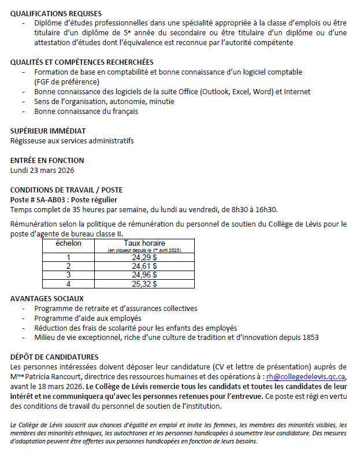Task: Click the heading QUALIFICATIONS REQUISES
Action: [x=56, y=13]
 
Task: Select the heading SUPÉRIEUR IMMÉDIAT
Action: [x=48, y=131]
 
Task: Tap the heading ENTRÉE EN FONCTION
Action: [x=47, y=160]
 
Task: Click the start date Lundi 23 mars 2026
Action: [x=42, y=170]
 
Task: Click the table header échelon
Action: [x=68, y=243]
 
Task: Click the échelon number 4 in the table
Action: [x=68, y=284]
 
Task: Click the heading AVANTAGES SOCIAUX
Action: [x=47, y=299]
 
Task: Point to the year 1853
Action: [x=309, y=337]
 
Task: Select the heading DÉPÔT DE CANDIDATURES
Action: [x=54, y=357]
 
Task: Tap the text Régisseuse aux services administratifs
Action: [x=72, y=140]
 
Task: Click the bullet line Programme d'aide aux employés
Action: [x=87, y=318]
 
